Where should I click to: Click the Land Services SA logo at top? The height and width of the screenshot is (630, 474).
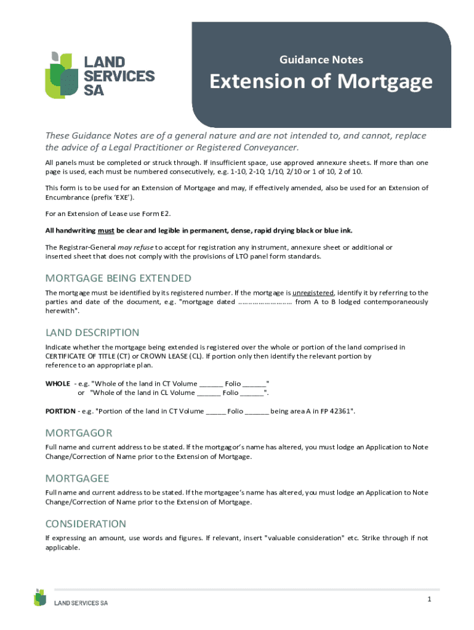click(x=99, y=75)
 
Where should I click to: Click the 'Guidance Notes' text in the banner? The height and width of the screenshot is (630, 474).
click(x=321, y=60)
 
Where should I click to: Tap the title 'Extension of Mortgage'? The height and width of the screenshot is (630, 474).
click(x=321, y=82)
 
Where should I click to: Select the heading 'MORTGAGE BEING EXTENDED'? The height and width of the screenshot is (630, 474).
click(x=118, y=278)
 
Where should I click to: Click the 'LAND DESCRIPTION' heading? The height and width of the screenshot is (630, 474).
click(x=92, y=332)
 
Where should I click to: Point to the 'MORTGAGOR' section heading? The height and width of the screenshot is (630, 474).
click(x=79, y=433)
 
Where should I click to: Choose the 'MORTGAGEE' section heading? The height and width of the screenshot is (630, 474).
click(x=77, y=478)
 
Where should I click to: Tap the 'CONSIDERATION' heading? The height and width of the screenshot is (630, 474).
click(x=86, y=524)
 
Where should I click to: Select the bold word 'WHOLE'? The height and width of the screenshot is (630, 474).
click(x=58, y=383)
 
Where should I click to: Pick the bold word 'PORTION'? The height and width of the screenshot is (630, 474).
click(x=60, y=411)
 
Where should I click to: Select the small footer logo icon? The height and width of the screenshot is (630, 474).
click(x=40, y=597)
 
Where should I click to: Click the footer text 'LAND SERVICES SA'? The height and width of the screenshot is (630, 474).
click(x=81, y=603)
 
